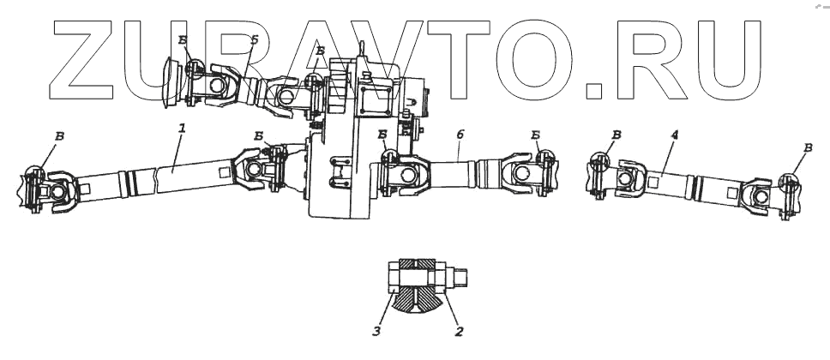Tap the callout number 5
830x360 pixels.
254,40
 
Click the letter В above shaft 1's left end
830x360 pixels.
57,136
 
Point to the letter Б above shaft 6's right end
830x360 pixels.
535,135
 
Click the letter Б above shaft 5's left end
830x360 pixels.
182,39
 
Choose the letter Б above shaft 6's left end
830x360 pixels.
382,135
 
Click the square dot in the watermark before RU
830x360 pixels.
592,88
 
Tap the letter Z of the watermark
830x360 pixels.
86,60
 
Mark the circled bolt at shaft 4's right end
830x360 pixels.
789,183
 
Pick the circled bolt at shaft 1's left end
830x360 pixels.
34,176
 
